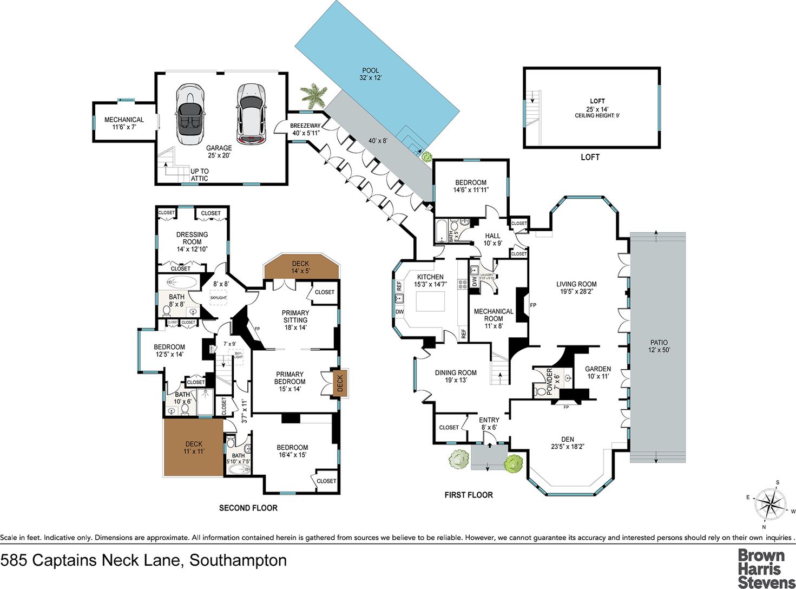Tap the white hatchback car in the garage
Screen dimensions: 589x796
pos(251,114)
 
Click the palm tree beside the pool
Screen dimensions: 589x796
pos(314,95)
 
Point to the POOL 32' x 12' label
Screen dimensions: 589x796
pos(371,74)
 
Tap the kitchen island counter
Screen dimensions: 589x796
pos(430,301)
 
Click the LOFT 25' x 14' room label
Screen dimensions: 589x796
pos(597,105)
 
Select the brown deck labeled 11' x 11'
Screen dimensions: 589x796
pos(193,447)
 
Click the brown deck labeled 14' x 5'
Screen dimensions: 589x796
pos(301,267)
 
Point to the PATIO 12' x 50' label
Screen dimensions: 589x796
pos(659,346)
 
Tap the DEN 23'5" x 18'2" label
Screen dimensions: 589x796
pos(567,443)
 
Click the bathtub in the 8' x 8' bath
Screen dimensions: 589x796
pos(182,282)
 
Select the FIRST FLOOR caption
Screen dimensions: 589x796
pos(469,495)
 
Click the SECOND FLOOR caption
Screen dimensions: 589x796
pos(248,508)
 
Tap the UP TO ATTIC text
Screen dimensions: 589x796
pos(199,175)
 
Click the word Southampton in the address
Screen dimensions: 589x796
pos(238,560)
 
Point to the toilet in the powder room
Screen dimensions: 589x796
pos(540,390)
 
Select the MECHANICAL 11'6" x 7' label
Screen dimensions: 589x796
pos(124,123)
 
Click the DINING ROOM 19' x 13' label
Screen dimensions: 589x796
pos(456,376)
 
